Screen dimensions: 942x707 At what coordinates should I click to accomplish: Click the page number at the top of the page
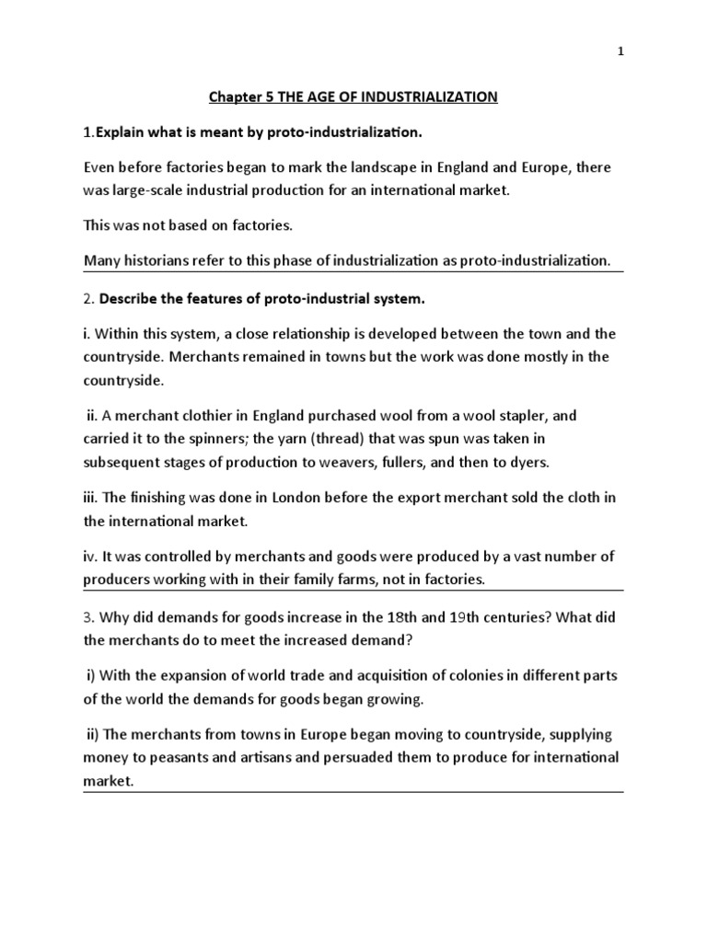point(620,52)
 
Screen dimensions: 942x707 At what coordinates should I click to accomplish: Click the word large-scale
point(145,190)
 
